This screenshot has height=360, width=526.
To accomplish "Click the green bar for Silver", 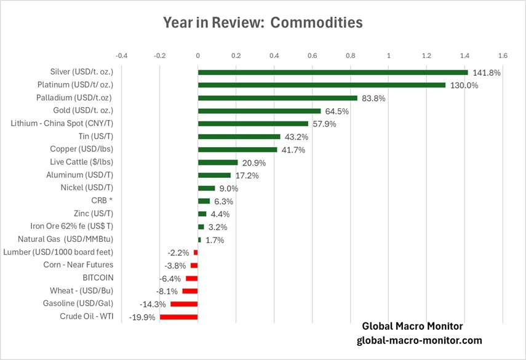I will pyautogui.click(x=332, y=72).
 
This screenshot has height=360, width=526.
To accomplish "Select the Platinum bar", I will pyautogui.click(x=321, y=85).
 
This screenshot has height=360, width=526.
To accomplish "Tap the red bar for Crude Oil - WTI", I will pyautogui.click(x=179, y=317).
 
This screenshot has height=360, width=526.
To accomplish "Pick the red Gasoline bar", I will pyautogui.click(x=184, y=304).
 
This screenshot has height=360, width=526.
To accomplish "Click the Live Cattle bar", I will pyautogui.click(x=218, y=162).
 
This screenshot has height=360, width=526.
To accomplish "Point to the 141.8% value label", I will pyautogui.click(x=486, y=73).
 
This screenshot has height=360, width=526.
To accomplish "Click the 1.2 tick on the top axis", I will pyautogui.click(x=426, y=55).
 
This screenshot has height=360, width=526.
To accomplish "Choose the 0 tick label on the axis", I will pyautogui.click(x=198, y=55).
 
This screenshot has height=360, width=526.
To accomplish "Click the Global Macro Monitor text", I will pyautogui.click(x=412, y=326).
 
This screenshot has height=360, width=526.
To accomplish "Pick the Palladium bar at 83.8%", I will pyautogui.click(x=277, y=98).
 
